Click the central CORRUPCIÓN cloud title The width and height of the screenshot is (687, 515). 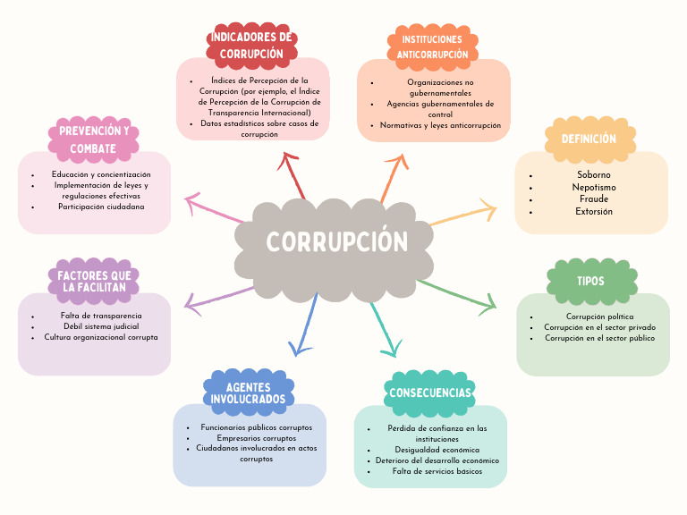[336, 242]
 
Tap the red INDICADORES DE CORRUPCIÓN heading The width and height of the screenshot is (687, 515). [251, 46]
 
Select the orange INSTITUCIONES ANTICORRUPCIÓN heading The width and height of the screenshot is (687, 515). [432, 47]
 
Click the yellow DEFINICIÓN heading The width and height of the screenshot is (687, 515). [589, 139]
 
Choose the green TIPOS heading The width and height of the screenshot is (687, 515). [590, 281]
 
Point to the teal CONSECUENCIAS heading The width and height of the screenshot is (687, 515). [429, 393]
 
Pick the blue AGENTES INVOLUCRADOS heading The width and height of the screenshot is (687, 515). [248, 393]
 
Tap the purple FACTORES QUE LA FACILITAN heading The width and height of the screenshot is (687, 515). [94, 281]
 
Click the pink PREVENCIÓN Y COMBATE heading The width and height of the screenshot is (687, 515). [94, 139]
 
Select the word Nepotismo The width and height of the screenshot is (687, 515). [594, 187]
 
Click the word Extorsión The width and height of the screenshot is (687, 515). [594, 212]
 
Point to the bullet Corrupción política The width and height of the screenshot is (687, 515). [599, 317]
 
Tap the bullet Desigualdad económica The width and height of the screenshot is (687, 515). [437, 450]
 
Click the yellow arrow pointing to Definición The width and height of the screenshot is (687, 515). [465, 215]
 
